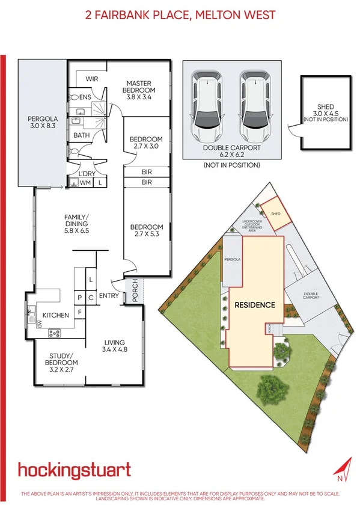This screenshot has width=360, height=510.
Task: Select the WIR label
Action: (92, 79)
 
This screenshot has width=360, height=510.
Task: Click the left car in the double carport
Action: (206, 105)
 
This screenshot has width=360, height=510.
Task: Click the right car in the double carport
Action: (254, 105)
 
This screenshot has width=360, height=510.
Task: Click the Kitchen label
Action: (55, 315)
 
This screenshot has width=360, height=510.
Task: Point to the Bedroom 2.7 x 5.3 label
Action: (146, 230)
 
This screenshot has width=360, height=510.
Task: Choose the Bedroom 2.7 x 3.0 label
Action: (146, 143)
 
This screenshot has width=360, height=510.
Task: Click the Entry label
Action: (109, 295)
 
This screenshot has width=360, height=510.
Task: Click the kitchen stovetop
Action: (55, 331)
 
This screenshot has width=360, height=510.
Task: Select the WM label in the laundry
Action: (85, 182)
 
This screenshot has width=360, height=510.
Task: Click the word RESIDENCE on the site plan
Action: (255, 304)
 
